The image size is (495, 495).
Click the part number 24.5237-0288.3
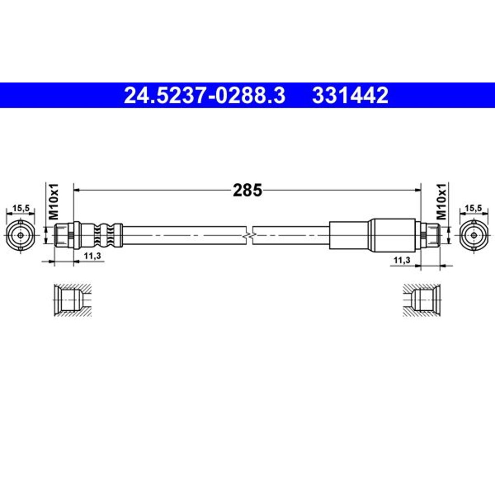pyautogui.click(x=204, y=95)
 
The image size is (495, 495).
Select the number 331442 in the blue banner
pyautogui.click(x=350, y=95)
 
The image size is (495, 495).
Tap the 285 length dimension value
pyautogui.click(x=247, y=190)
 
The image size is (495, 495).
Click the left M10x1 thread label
pyautogui.click(x=53, y=201)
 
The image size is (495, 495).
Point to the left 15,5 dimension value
pyautogui.click(x=21, y=208)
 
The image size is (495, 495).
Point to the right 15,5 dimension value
pyautogui.click(x=473, y=208)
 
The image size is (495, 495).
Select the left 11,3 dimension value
pyautogui.click(x=92, y=256)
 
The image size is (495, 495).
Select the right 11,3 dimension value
pyautogui.click(x=402, y=260)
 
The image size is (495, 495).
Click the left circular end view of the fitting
pyautogui.click(x=21, y=235)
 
